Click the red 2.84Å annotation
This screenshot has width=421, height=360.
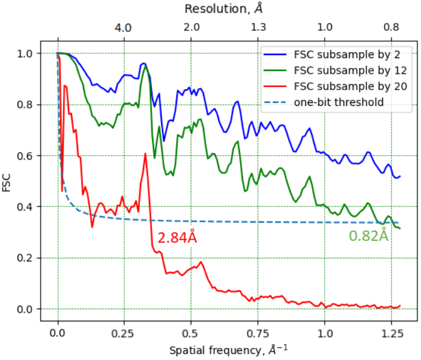pos(177,238)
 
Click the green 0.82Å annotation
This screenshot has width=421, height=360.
pos(368,236)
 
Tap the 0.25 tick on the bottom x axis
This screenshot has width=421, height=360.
pos(124,332)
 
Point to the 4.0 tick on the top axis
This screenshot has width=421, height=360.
pos(124,28)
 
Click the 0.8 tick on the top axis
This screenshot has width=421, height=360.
pos(391,28)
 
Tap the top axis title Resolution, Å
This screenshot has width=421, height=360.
pos(224,9)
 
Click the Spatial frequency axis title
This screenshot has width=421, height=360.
pos(224,349)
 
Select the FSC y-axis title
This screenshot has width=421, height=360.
pos(8,182)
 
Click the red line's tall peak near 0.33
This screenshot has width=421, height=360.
pos(145,154)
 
